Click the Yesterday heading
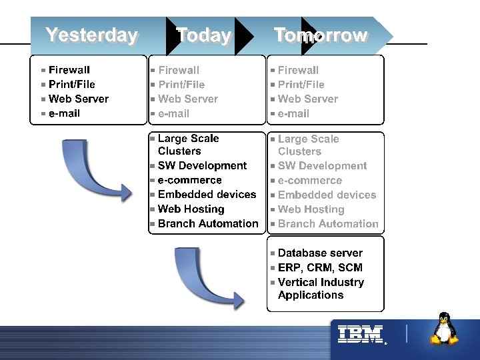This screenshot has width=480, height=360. tap(91, 35)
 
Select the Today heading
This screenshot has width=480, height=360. tap(203, 35)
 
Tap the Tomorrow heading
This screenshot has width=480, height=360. tap(321, 35)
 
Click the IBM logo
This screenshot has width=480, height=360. tap(360, 335)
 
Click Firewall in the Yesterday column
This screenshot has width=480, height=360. tap(69, 70)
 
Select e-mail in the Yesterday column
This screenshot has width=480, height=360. tap(64, 113)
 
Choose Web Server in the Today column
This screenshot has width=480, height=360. tap(188, 99)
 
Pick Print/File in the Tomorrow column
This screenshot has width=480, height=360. tap(301, 85)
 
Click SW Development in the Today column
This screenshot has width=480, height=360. tap(202, 166)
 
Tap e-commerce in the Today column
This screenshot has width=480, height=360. tap(190, 181)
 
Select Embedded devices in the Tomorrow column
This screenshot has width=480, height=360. tap(327, 195)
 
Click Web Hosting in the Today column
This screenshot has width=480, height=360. tap(191, 209)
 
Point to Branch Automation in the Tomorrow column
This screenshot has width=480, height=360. tap(328, 224)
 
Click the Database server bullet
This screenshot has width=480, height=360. tap(320, 253)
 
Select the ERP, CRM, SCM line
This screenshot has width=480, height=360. tap(320, 268)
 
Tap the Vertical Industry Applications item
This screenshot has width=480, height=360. tap(321, 289)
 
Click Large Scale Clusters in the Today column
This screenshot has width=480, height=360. tap(188, 145)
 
